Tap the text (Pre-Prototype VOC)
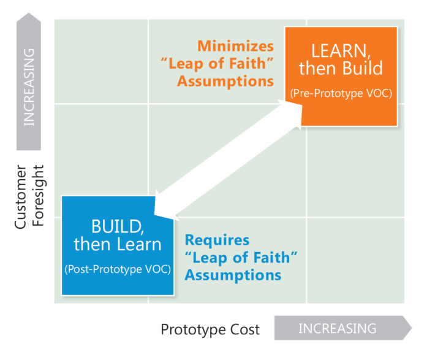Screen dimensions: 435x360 [x=341, y=93]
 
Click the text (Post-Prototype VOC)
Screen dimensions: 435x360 [x=118, y=269]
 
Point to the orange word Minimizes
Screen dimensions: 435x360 [x=235, y=46]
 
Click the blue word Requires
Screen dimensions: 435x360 [x=217, y=240]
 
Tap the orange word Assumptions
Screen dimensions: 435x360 [x=225, y=82]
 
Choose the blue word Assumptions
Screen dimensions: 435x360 [x=233, y=275]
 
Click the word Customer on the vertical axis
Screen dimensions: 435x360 [x=20, y=197]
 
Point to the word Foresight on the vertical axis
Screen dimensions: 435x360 [x=38, y=196]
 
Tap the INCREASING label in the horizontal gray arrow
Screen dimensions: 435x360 [x=338, y=328]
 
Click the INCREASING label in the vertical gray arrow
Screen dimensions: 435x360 [x=29, y=87]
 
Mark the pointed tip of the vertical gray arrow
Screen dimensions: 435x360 [x=29, y=13]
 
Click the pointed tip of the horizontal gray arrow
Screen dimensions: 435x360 [x=412, y=327]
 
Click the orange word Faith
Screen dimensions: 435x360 [x=248, y=63]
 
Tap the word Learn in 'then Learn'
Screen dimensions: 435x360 [x=139, y=244]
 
